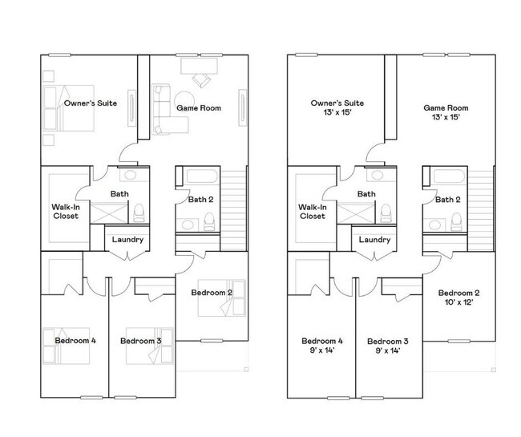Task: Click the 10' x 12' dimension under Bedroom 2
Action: pos(458,304)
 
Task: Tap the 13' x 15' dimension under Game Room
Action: pos(446,118)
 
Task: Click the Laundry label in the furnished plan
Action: pos(127,239)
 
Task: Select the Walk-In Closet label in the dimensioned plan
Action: pos(313,211)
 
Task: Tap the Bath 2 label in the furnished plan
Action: pos(200,200)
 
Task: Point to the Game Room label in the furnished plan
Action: pos(199,107)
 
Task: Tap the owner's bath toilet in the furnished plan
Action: pos(139,211)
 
